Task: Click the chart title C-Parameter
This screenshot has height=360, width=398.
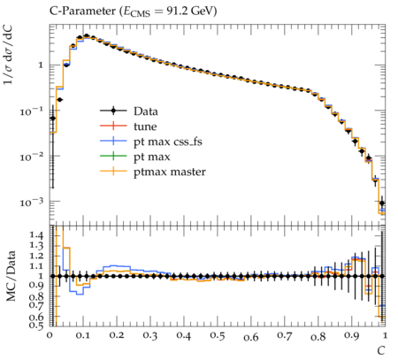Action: [x=83, y=11]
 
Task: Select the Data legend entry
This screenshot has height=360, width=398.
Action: [x=129, y=111]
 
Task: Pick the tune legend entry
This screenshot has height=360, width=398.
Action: [x=128, y=126]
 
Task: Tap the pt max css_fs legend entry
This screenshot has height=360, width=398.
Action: [x=151, y=142]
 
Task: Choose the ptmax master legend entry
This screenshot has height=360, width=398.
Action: [x=153, y=172]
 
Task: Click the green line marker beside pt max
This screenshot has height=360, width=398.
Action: [x=113, y=156]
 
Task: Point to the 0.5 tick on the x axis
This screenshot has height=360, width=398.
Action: [x=218, y=335]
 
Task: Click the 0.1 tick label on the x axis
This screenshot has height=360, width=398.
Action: [x=83, y=335]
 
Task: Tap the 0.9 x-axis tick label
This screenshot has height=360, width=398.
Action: [x=352, y=335]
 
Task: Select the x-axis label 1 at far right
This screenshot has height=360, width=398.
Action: [x=385, y=335]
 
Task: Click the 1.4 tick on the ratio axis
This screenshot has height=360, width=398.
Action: [x=36, y=235]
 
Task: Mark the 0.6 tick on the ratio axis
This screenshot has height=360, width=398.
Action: [x=36, y=318]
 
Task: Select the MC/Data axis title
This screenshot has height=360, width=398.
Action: [x=11, y=276]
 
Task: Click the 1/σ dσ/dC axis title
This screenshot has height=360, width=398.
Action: [x=8, y=55]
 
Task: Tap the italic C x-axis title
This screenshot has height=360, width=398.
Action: [x=381, y=351]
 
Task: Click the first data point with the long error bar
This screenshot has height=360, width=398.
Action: [x=53, y=119]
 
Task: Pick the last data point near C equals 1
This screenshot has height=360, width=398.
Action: [x=382, y=203]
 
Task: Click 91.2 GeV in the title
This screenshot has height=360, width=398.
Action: [x=192, y=11]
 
